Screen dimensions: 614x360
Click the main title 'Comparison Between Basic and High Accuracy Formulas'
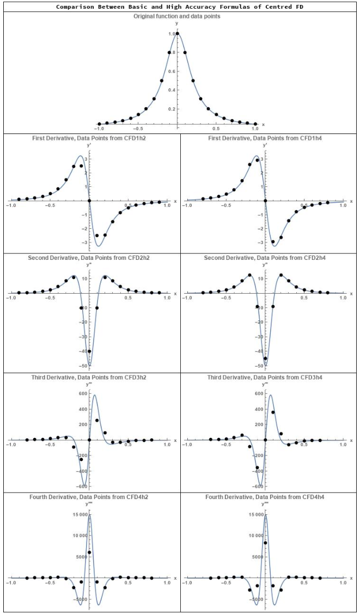pos(180,7)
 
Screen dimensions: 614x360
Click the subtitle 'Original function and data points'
pos(177,16)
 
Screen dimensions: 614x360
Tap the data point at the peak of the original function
pos(177,34)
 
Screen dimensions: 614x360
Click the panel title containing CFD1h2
pos(89,138)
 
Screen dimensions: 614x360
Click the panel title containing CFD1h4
pos(265,138)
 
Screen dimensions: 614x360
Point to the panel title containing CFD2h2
pos(89,257)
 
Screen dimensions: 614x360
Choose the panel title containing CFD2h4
pos(265,257)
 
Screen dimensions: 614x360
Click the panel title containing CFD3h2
pos(89,377)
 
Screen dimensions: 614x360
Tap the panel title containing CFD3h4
pos(265,377)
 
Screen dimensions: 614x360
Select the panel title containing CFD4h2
pos(89,497)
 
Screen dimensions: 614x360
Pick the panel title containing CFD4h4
pos(265,497)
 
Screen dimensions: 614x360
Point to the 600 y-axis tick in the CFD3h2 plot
pos(83,393)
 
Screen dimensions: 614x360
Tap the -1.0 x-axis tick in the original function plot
pos(99,130)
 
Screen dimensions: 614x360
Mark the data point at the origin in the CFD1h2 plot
pos(89,200)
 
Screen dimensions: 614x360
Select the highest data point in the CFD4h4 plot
pos(265,543)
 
